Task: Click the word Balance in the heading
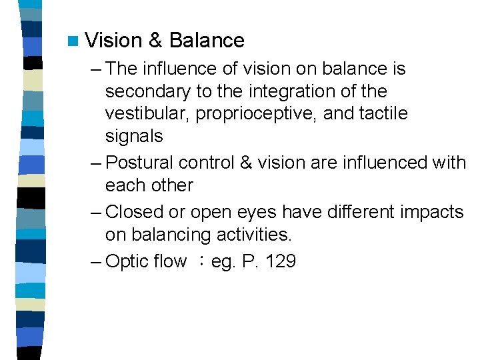point(207,41)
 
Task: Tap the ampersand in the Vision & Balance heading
point(155,41)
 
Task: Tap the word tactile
point(383,113)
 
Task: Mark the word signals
point(134,136)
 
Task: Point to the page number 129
point(280,261)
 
